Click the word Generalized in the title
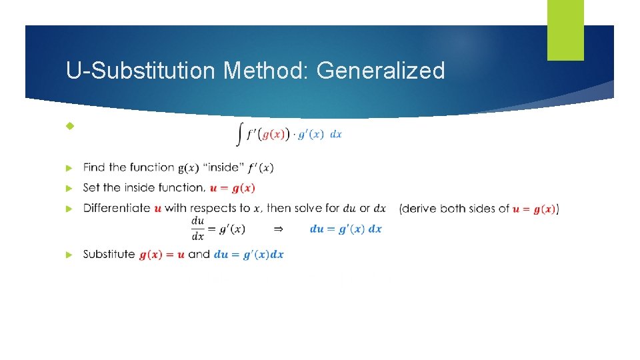tap(381, 70)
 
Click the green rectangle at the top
tap(565, 30)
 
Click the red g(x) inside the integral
tap(275, 134)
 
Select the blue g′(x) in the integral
tap(311, 134)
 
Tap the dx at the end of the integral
tap(336, 134)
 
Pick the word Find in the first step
tap(95, 167)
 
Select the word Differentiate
tap(117, 208)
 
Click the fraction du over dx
tap(198, 229)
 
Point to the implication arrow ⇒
tap(279, 229)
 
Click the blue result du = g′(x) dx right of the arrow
tap(346, 229)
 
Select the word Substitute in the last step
tap(109, 254)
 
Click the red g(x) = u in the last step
tap(162, 255)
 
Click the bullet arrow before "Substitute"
tap(69, 255)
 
